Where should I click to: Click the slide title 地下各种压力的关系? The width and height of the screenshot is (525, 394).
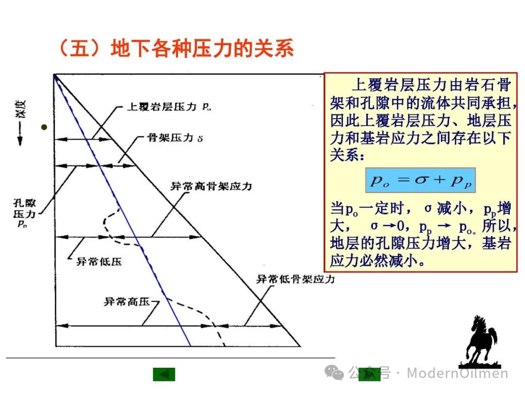(x=203, y=48)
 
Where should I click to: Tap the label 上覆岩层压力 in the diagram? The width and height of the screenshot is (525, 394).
(x=161, y=107)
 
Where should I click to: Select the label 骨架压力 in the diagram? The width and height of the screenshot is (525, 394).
(x=171, y=138)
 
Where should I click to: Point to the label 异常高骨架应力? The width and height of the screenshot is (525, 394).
(x=211, y=186)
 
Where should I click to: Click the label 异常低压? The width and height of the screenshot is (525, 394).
(x=99, y=262)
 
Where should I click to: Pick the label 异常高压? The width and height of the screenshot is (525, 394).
(x=127, y=302)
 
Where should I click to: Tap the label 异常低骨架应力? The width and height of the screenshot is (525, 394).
(x=296, y=279)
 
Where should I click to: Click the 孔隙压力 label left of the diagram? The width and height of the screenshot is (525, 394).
(x=24, y=213)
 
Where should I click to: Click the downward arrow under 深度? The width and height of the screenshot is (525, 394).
(x=20, y=134)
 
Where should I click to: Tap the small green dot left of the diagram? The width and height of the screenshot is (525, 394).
(x=44, y=127)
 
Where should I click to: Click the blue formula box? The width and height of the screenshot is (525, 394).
(x=420, y=180)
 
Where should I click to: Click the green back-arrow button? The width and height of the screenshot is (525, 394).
(x=164, y=374)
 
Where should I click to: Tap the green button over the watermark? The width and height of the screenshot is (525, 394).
(x=369, y=374)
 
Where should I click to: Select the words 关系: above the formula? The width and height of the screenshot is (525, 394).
(x=347, y=155)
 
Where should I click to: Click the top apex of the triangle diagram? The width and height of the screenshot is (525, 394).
(x=54, y=74)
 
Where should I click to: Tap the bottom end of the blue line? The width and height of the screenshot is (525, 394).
(x=191, y=346)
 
